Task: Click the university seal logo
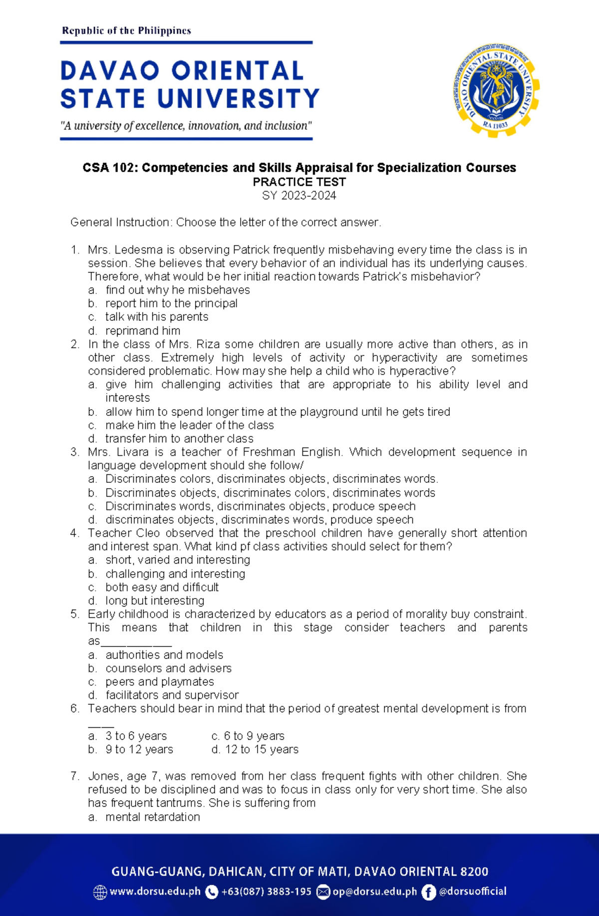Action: click(496, 90)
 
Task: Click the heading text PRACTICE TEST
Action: click(299, 182)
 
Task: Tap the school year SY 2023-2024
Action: click(299, 195)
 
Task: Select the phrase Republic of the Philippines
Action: click(126, 30)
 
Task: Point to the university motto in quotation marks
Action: click(186, 126)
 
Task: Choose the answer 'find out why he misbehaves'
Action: click(177, 290)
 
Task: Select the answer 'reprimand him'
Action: click(143, 330)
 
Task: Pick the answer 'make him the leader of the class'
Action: click(189, 425)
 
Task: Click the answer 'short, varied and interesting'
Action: click(177, 560)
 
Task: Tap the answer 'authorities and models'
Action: click(164, 655)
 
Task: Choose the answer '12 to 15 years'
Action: click(262, 749)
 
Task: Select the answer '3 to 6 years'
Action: click(136, 736)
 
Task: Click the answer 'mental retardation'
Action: click(152, 817)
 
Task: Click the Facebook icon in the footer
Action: click(428, 892)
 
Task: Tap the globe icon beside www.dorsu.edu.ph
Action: click(100, 892)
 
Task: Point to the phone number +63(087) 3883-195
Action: click(266, 892)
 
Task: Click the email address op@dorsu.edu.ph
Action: click(374, 892)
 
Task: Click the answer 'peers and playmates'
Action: click(159, 682)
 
